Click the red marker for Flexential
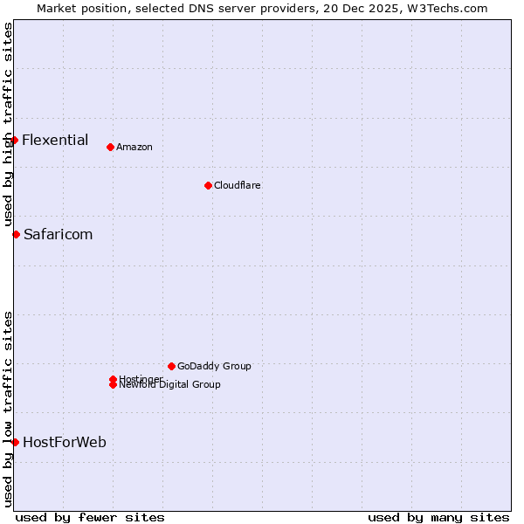pyautogui.click(x=14, y=140)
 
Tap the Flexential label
pyautogui.click(x=55, y=140)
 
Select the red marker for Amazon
pyautogui.click(x=110, y=147)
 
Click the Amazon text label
pyautogui.click(x=134, y=147)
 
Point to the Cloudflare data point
pyautogui.click(x=208, y=185)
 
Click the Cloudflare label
pyautogui.click(x=237, y=185)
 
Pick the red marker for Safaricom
pyautogui.click(x=16, y=234)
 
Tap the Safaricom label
pyautogui.click(x=58, y=234)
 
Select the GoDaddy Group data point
pyautogui.click(x=171, y=366)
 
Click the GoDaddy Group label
pyautogui.click(x=214, y=366)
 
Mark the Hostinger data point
pyautogui.click(x=113, y=379)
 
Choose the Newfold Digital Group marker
pyautogui.click(x=113, y=385)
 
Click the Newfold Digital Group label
pyautogui.click(x=170, y=385)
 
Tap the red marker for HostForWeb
pyautogui.click(x=15, y=442)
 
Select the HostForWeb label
pyautogui.click(x=65, y=442)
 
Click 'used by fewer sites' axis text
pyautogui.click(x=90, y=517)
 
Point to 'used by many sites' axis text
pyautogui.click(x=438, y=517)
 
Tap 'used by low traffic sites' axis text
pyautogui.click(x=8, y=408)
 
